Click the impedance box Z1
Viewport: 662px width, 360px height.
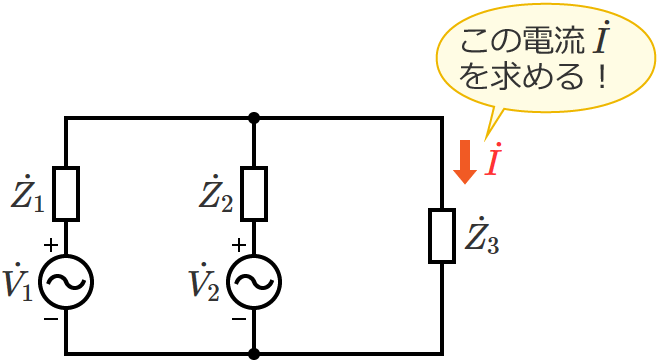66,193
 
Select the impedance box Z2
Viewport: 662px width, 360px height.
254,193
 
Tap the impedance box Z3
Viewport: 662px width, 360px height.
442,235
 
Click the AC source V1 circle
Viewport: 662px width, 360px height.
66,283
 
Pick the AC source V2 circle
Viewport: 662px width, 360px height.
254,283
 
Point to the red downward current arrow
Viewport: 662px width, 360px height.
464,162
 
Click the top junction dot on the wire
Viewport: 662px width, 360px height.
254,118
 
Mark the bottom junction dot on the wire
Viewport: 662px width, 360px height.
254,353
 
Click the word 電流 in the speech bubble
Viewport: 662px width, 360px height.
556,43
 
